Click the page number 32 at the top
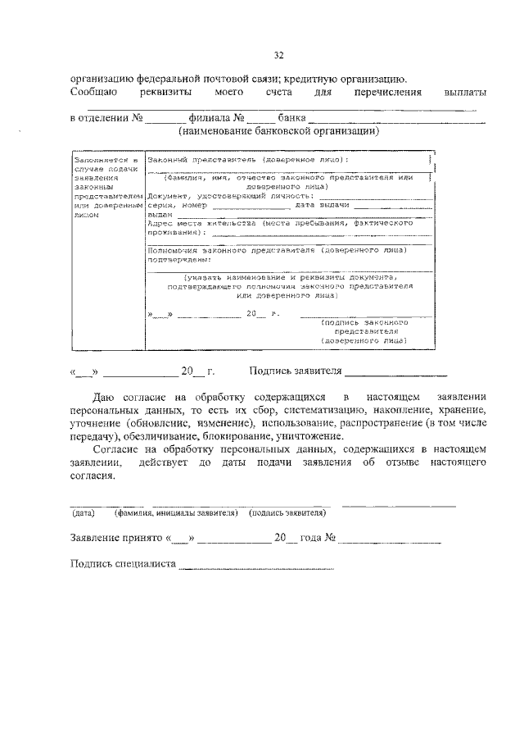(278, 55)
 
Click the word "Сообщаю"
(95, 93)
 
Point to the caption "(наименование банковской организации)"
(278, 130)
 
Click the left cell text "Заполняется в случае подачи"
(107, 164)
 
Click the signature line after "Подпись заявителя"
(395, 371)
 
